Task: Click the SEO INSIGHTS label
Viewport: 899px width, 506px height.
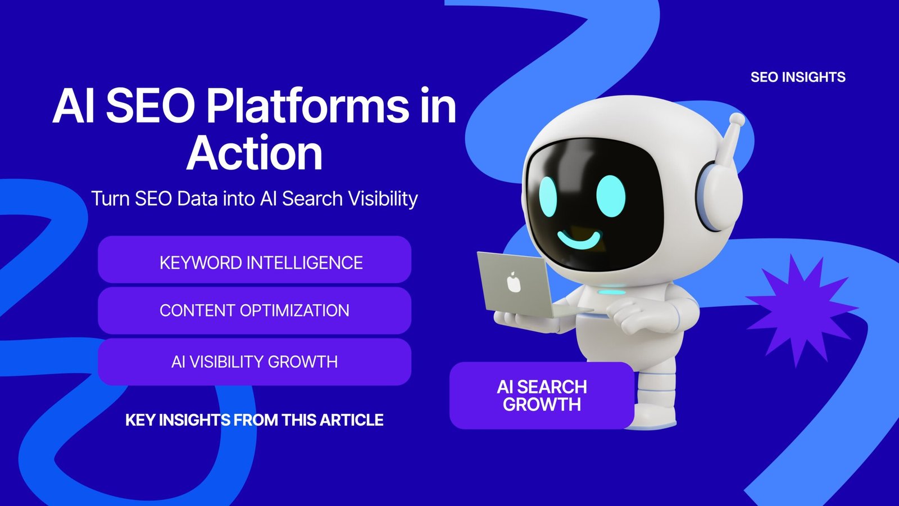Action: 798,77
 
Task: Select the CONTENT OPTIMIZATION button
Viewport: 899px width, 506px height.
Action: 255,310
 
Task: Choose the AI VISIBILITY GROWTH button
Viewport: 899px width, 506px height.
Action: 255,362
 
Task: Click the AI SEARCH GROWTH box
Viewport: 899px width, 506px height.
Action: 542,395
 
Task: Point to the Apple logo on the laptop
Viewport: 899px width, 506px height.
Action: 514,282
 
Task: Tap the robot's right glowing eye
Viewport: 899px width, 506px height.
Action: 610,195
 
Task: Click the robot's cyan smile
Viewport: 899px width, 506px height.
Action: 579,240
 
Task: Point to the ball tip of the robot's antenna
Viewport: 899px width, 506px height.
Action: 737,120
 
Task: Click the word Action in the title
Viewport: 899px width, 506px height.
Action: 255,153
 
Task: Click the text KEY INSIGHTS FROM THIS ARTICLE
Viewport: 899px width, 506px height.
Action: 255,420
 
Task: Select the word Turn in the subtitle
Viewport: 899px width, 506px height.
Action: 110,198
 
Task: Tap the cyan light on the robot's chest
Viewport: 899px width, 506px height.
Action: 611,292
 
